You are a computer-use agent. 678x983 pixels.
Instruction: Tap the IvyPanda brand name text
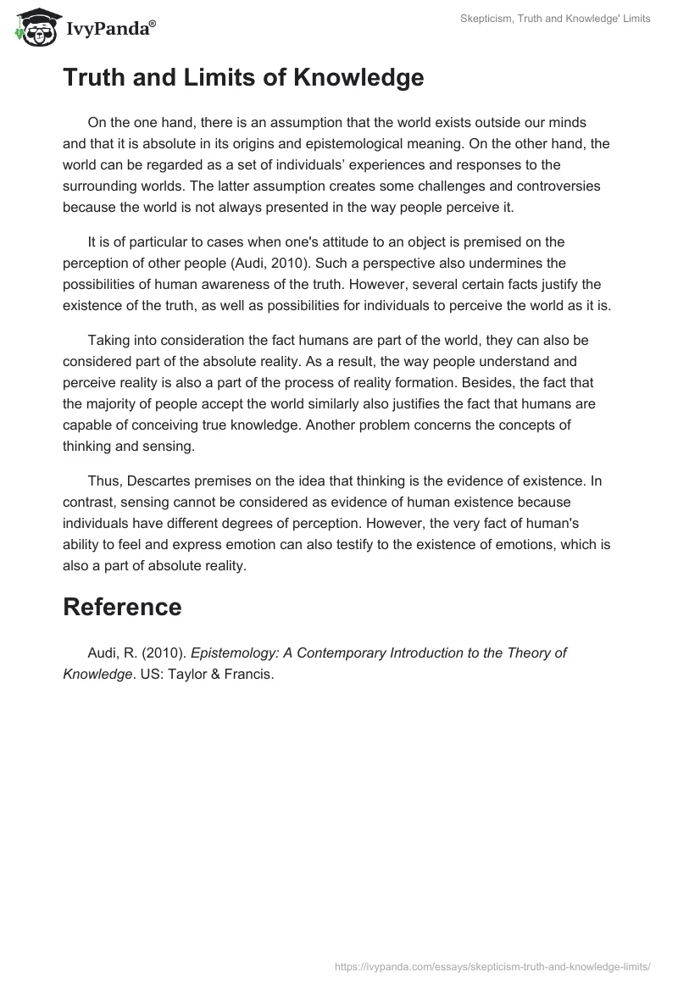point(109,28)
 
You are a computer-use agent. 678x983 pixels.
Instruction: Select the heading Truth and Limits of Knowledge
point(243,78)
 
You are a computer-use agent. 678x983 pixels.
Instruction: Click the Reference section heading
point(122,606)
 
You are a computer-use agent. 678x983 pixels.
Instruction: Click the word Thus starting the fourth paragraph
point(103,481)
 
